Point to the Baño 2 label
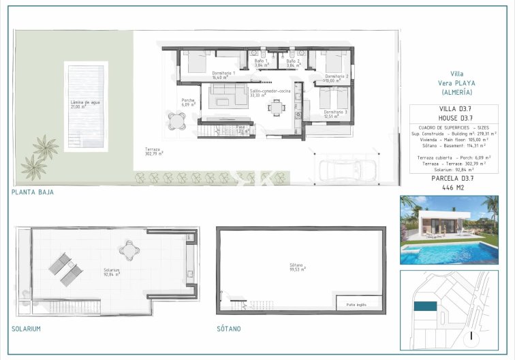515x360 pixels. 293,63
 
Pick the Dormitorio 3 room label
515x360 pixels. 335,113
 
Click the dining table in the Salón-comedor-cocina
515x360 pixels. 276,106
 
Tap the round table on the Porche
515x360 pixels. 177,121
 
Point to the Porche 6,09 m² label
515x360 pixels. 189,102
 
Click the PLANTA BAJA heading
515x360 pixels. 32,192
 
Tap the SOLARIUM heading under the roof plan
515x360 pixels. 26,329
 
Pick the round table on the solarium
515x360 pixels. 128,250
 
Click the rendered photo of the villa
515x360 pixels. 449,230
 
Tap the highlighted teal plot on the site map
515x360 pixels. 426,307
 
